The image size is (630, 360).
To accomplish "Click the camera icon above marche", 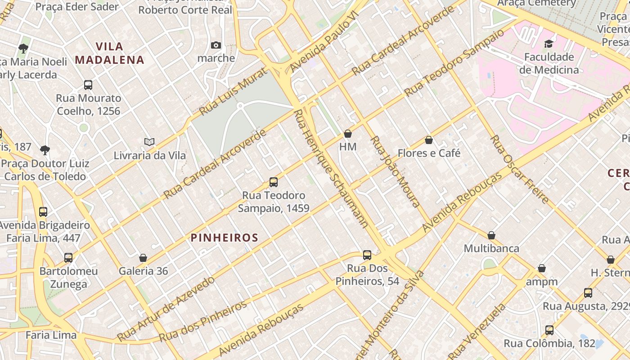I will (x=216, y=45).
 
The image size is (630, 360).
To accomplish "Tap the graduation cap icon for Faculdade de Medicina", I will (x=549, y=44).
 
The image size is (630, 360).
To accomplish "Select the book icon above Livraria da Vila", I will (x=149, y=142).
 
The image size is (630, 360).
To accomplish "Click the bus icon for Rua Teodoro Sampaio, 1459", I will (x=273, y=182).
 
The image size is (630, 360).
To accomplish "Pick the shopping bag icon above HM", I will (x=347, y=134).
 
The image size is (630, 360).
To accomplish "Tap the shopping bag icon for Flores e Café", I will (x=429, y=140).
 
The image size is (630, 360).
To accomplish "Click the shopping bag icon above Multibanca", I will (x=491, y=235).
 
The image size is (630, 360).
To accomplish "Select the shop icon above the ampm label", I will (x=542, y=269).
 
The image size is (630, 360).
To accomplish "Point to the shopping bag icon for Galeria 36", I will (x=143, y=258).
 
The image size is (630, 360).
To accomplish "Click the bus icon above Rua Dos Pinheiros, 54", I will (x=367, y=255).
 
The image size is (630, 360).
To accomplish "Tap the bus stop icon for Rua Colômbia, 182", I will (x=549, y=330).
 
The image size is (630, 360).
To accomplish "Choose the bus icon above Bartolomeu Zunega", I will (x=68, y=258).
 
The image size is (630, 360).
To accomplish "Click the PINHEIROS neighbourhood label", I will (x=225, y=238).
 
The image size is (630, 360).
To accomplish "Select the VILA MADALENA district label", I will (x=109, y=53).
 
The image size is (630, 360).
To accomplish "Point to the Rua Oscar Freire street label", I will (x=519, y=169).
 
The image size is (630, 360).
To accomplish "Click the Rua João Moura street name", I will (x=395, y=171).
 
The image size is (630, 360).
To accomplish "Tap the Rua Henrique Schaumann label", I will (x=331, y=168).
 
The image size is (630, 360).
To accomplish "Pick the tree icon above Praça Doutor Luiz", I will (x=45, y=150).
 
